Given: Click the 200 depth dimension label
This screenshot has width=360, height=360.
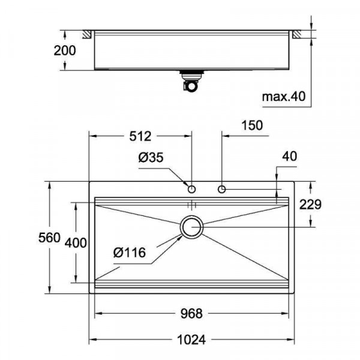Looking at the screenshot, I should (64, 50).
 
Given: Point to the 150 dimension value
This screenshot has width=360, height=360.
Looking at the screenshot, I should (251, 125).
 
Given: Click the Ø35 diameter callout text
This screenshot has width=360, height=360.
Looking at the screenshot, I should (151, 158).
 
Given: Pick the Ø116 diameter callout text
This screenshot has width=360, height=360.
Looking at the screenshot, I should (130, 253).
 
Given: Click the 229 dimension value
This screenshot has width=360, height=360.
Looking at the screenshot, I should (310, 205).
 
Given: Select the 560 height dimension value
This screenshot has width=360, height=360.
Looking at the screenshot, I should (50, 238).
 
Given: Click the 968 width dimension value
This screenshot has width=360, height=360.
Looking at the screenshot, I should (191, 313).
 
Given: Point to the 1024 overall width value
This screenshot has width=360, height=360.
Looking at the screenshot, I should (191, 340).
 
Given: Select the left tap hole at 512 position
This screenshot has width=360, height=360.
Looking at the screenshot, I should (192, 190).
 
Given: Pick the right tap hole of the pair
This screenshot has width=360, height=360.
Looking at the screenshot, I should (222, 190).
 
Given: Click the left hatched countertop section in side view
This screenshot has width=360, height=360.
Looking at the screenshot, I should (87, 34).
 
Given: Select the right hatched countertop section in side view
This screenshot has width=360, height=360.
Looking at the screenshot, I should (298, 34).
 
